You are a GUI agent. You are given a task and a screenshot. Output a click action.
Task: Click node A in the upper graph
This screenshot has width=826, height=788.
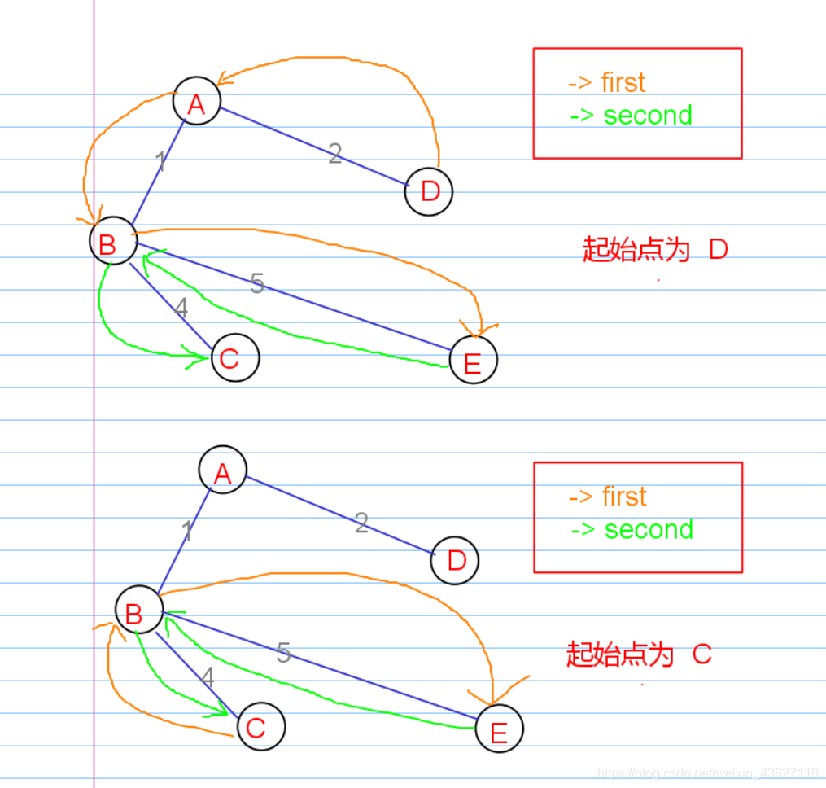point(196,102)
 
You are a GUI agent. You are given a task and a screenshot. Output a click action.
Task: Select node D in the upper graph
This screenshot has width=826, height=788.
point(429,192)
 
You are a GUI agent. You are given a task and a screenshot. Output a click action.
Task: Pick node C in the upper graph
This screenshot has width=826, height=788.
point(234,357)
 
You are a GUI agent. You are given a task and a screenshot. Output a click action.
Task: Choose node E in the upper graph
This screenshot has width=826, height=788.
point(473,360)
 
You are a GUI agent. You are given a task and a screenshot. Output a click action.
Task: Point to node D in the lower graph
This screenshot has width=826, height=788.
point(455,560)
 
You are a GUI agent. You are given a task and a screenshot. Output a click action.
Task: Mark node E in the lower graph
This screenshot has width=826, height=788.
point(499,730)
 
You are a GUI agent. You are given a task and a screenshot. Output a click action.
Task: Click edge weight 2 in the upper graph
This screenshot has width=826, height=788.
point(334,154)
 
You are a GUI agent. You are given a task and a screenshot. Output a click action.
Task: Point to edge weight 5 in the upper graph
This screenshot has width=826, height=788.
point(257,283)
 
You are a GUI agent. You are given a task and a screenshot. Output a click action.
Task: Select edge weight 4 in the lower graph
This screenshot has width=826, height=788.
point(208,677)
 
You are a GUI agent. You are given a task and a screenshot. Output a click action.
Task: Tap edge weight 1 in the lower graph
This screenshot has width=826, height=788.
point(187,532)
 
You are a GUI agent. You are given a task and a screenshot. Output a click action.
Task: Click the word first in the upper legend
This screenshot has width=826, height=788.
point(623,82)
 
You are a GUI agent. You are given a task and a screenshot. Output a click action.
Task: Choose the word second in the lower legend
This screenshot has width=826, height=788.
point(649,529)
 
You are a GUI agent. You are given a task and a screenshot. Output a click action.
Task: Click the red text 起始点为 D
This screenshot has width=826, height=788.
point(655,249)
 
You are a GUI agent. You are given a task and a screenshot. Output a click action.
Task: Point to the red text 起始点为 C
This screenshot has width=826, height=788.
point(639,654)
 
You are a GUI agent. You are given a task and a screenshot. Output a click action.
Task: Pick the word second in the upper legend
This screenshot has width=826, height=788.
point(648,115)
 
